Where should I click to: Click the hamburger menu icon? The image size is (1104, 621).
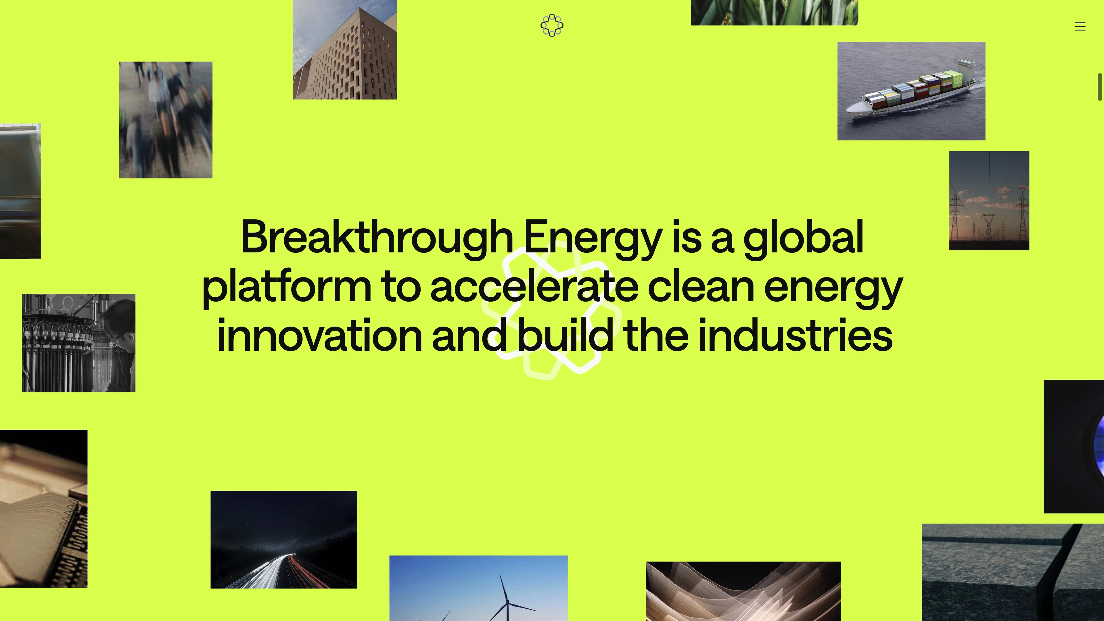(x=1080, y=26)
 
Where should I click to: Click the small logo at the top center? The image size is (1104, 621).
(x=552, y=25)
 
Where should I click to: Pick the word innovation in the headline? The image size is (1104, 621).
(x=320, y=335)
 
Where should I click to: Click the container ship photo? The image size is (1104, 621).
(x=911, y=91)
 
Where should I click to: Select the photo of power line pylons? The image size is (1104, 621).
(x=989, y=201)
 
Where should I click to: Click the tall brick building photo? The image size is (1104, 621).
(x=345, y=50)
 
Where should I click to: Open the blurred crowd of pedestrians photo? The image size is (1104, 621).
(x=166, y=120)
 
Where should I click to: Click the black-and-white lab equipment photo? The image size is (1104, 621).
(x=79, y=343)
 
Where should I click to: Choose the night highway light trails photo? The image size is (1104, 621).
(x=284, y=540)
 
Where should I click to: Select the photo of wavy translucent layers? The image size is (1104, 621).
(x=743, y=591)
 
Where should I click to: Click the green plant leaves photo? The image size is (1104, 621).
(x=775, y=12)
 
